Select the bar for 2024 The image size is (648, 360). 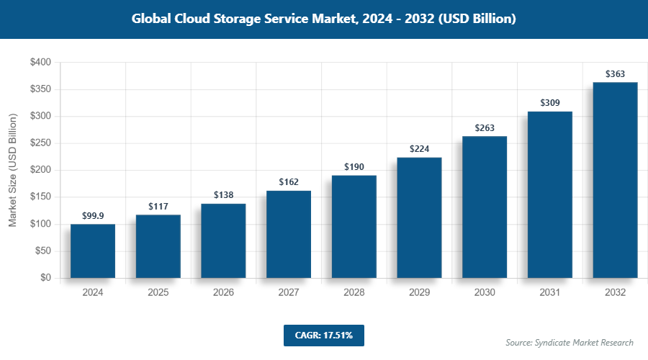[93, 251]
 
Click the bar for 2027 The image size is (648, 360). [289, 234]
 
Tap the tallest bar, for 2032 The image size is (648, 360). [615, 180]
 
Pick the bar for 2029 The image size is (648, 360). [419, 217]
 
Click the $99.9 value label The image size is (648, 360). [93, 215]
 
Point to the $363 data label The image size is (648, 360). [615, 73]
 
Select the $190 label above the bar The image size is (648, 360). [354, 167]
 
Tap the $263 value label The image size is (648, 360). [485, 127]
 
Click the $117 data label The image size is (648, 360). [158, 207]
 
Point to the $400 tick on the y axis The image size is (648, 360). [40, 63]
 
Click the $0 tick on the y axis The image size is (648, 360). [45, 278]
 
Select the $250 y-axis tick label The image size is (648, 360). [40, 143]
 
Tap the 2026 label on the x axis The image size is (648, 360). [223, 293]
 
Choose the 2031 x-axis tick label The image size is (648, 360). [549, 293]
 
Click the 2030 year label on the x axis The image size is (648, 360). [485, 293]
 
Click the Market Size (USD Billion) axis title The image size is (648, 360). [13, 171]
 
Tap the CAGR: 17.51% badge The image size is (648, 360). [323, 335]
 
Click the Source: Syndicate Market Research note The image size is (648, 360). [570, 342]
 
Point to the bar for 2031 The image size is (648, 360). [549, 194]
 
